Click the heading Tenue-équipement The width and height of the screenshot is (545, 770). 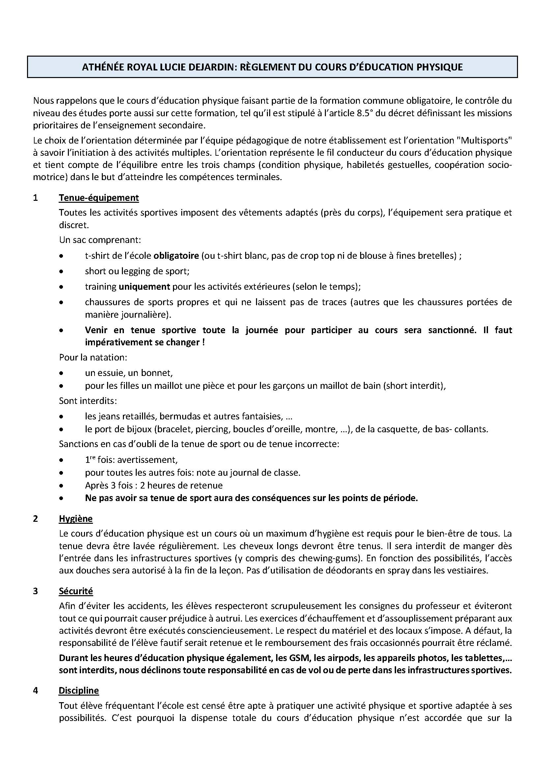(x=99, y=198)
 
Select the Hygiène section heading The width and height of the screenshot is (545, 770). (x=75, y=518)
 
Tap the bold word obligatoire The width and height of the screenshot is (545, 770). (x=176, y=256)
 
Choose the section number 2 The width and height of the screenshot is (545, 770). (x=36, y=518)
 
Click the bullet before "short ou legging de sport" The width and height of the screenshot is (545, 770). (x=61, y=272)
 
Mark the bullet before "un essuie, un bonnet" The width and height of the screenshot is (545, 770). (x=61, y=373)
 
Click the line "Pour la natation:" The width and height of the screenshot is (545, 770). (x=93, y=358)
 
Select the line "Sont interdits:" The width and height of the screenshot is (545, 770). (x=88, y=401)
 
